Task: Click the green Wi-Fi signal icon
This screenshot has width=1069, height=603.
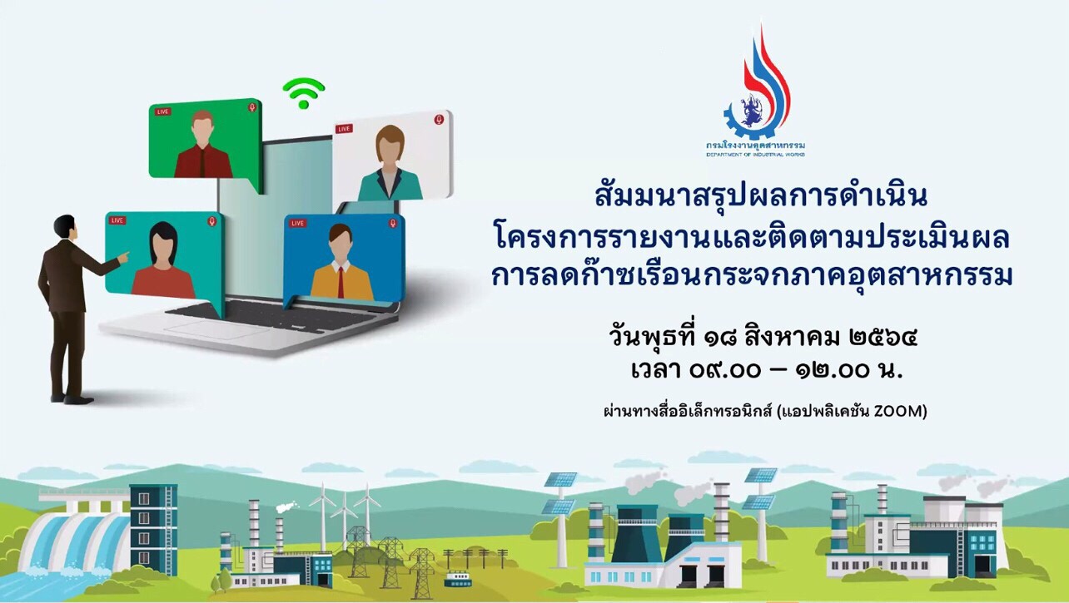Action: [x=304, y=92]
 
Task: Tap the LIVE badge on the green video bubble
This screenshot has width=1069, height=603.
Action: [x=162, y=111]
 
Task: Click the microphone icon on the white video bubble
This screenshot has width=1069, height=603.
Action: [x=439, y=119]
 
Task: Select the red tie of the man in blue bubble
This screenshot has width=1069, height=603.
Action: [x=341, y=282]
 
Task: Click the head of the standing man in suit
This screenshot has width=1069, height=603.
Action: [x=65, y=227]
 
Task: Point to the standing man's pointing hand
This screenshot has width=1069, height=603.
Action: [x=123, y=258]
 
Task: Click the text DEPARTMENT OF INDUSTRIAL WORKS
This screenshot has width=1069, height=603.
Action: [x=755, y=155]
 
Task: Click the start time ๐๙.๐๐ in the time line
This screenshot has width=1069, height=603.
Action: [x=725, y=371]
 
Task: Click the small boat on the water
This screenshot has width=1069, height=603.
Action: [x=458, y=579]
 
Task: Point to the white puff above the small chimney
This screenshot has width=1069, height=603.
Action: [x=286, y=507]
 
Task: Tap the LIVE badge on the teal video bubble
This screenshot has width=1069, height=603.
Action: [x=117, y=220]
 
